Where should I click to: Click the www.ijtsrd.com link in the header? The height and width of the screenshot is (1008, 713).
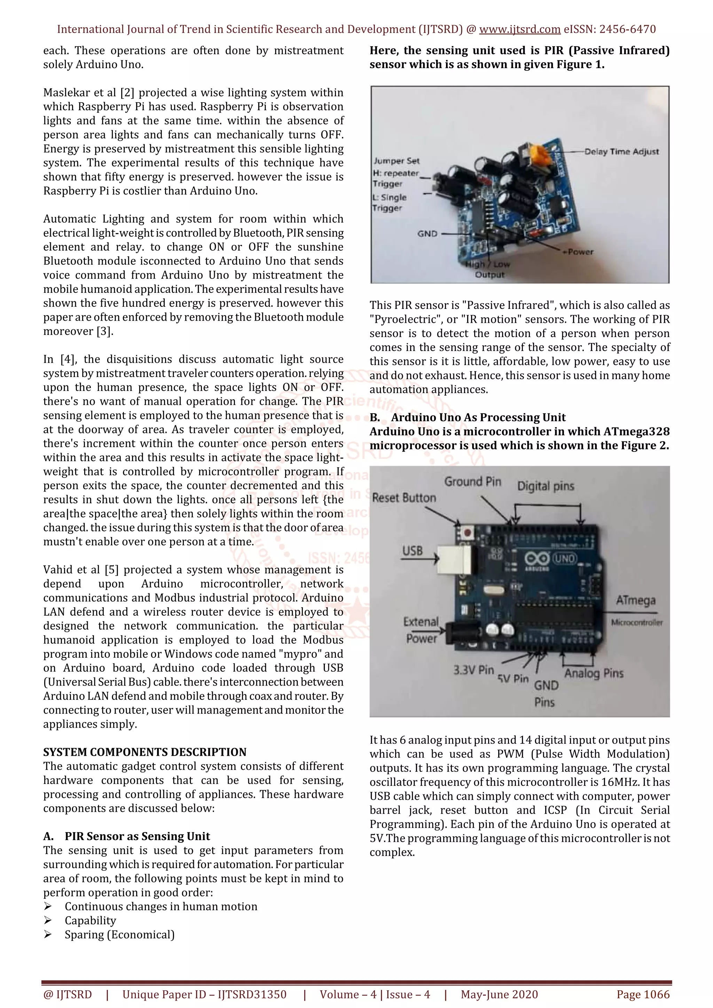[x=519, y=30]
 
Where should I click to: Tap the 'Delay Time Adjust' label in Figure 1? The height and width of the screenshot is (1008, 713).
[x=621, y=151]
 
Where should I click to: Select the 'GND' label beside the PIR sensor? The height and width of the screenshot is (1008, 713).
[x=427, y=233]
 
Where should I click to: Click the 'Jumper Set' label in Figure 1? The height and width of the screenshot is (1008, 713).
[x=396, y=161]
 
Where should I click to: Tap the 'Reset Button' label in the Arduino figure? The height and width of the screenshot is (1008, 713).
[x=404, y=498]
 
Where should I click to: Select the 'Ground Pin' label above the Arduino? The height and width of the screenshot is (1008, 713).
[x=472, y=482]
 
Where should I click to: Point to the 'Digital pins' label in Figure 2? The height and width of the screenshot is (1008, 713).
[x=545, y=486]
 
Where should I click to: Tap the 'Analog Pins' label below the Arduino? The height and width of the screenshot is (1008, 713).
[x=594, y=673]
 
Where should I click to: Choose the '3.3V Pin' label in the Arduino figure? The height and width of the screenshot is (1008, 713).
[x=473, y=670]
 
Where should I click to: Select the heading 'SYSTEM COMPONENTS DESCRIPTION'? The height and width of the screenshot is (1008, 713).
[x=144, y=752]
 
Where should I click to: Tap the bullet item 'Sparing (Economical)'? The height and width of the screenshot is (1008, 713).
[x=119, y=935]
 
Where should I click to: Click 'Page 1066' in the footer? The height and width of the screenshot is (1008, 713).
[x=643, y=994]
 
